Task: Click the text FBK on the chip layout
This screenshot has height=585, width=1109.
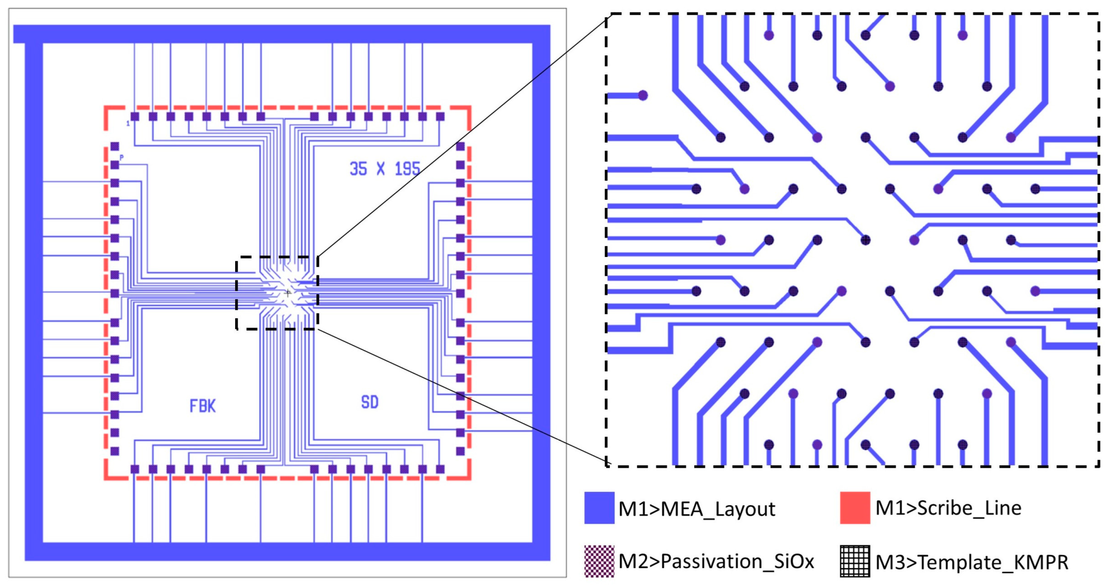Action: point(202,406)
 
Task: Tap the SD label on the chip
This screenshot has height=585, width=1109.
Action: point(370,402)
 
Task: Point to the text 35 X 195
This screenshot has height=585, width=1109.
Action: point(385,168)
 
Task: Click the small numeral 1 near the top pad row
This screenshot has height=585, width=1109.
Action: point(128,124)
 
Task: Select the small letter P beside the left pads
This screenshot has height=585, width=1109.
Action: point(122,158)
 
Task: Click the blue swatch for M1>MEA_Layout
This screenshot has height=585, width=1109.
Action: point(599,508)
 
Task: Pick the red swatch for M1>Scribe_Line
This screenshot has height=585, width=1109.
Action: point(854,508)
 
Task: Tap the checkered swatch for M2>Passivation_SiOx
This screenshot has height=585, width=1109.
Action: point(599,561)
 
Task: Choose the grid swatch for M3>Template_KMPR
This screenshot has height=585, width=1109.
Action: point(854,561)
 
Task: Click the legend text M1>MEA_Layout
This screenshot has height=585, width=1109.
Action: point(696,509)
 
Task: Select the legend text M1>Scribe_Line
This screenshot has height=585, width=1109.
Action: point(948,508)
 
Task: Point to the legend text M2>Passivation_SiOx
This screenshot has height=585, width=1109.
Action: point(716,562)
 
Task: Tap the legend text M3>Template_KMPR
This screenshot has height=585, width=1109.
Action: point(972,562)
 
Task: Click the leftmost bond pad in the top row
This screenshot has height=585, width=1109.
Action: point(135,116)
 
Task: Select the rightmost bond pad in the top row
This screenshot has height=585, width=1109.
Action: point(440,116)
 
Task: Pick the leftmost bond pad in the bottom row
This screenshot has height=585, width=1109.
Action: point(135,469)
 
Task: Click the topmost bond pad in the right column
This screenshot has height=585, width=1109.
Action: point(460,146)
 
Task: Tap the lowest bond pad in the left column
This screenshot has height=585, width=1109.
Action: point(114,451)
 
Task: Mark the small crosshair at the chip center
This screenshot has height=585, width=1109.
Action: point(288,293)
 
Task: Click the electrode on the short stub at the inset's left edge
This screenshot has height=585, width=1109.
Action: point(643,96)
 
